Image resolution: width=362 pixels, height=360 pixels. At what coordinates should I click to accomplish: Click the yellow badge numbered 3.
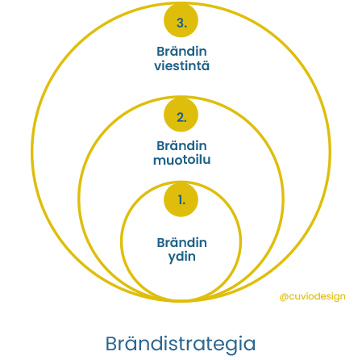pyautogui.click(x=181, y=20)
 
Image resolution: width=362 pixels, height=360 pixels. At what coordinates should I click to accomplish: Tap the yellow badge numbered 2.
pyautogui.click(x=181, y=115)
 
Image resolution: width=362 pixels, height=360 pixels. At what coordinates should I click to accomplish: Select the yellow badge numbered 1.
pyautogui.click(x=181, y=199)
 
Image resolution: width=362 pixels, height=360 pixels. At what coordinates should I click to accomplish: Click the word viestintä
pyautogui.click(x=181, y=66)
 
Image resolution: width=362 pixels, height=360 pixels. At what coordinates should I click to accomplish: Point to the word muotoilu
pyautogui.click(x=181, y=160)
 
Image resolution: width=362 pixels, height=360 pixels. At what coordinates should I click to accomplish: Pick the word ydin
pyautogui.click(x=181, y=257)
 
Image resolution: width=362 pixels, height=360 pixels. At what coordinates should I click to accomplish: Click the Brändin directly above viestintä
pyautogui.click(x=181, y=52)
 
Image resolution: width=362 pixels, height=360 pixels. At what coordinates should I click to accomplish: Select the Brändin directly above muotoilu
pyautogui.click(x=181, y=146)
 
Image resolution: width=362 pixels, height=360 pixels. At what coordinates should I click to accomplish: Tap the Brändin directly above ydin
pyautogui.click(x=181, y=243)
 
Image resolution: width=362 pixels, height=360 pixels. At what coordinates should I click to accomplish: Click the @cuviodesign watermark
pyautogui.click(x=312, y=296)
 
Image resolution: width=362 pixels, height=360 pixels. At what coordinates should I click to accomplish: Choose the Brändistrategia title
pyautogui.click(x=181, y=345)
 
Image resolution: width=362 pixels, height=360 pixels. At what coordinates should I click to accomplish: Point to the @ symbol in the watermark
pyautogui.click(x=284, y=297)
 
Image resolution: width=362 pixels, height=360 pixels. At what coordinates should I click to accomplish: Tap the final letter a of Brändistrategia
pyautogui.click(x=249, y=345)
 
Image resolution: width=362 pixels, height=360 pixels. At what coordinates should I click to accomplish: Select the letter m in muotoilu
pyautogui.click(x=159, y=161)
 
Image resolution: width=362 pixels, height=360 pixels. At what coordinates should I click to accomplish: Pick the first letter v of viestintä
pyautogui.click(x=158, y=67)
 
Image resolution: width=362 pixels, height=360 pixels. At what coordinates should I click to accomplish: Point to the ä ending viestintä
pyautogui.click(x=206, y=66)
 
